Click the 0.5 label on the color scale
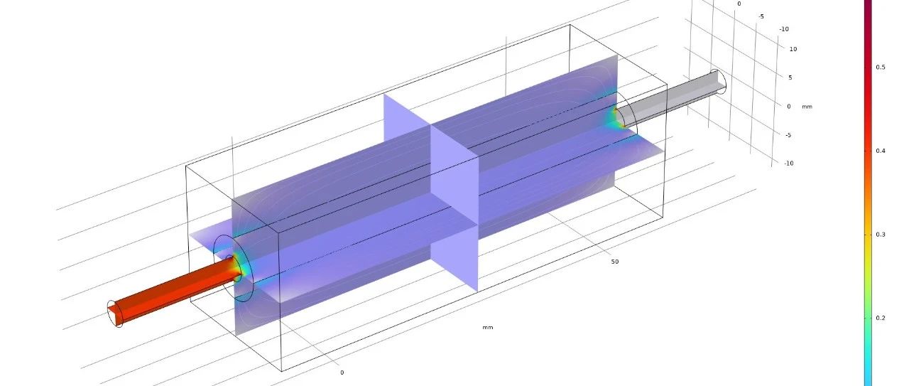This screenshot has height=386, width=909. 880,68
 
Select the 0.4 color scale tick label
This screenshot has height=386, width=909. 880,151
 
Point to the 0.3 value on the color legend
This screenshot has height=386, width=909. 880,235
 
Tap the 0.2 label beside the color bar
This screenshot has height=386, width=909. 880,318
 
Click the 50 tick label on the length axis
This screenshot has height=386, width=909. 615,262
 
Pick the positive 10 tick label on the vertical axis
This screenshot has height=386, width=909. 793,49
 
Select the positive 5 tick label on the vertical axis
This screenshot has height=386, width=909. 790,77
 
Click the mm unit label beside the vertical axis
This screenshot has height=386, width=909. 807,107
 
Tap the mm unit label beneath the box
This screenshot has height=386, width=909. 488,328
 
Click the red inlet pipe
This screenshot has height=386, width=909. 175,291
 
